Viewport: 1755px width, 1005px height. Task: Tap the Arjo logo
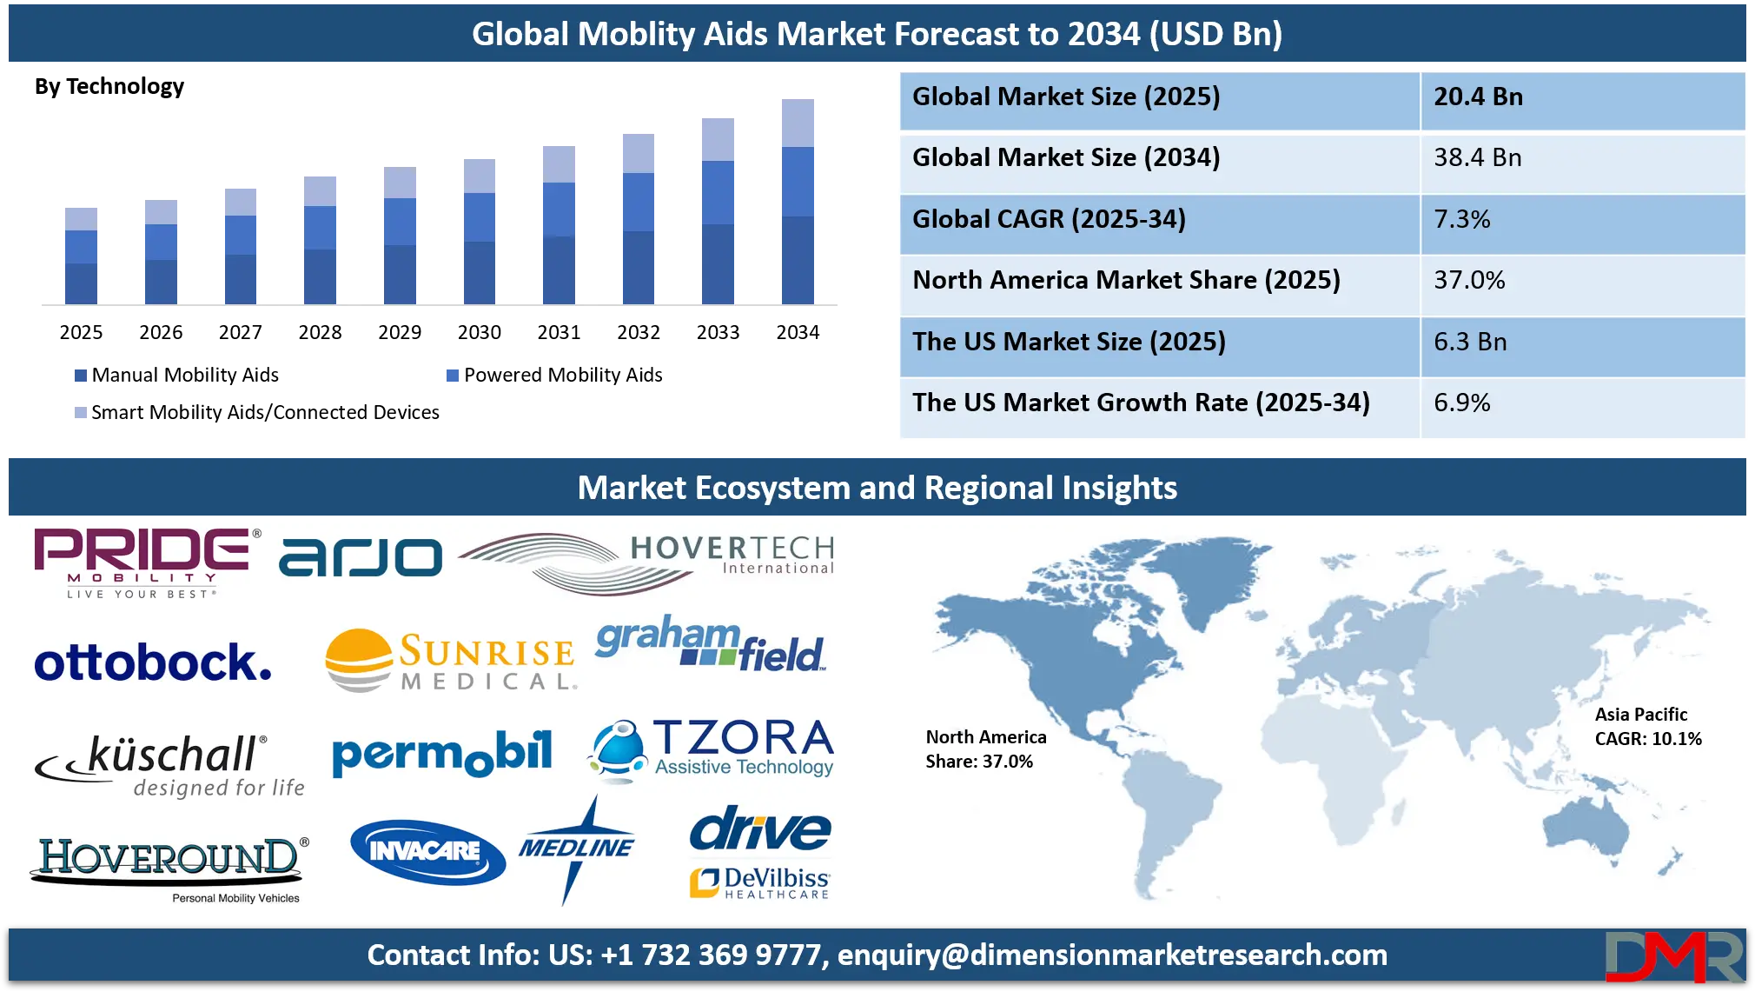pos(360,557)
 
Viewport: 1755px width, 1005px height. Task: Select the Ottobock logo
pos(153,662)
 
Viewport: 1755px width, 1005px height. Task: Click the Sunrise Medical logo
pos(450,661)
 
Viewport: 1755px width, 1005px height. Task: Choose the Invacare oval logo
pos(427,851)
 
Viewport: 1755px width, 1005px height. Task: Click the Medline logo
pos(577,849)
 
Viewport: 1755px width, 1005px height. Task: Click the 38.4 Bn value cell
pos(1477,158)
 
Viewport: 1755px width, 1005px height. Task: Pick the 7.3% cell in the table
pos(1461,219)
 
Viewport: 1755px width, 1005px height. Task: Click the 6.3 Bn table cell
pos(1470,342)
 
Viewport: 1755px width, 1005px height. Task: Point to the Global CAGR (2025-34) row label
pos(1049,219)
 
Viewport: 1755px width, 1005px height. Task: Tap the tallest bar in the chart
pos(798,201)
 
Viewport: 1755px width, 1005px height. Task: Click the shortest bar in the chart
pos(80,253)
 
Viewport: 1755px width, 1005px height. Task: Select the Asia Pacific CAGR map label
pos(1647,727)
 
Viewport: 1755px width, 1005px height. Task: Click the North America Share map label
pos(985,749)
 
